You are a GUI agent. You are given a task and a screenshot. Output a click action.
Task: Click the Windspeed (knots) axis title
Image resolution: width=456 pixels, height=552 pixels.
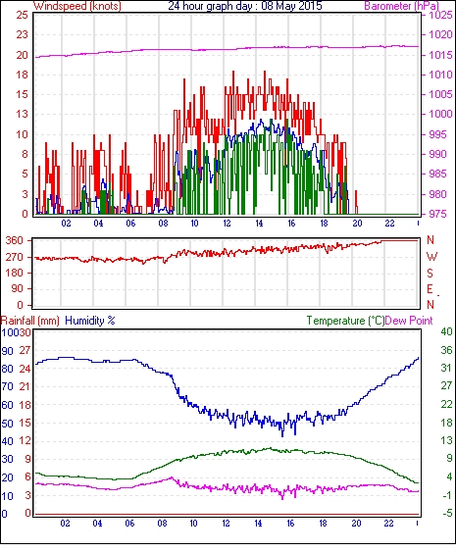(77, 6)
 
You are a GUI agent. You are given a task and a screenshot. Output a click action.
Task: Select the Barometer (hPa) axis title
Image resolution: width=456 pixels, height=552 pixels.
(401, 6)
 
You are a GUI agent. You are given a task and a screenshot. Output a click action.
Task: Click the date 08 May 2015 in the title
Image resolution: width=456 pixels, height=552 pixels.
(291, 6)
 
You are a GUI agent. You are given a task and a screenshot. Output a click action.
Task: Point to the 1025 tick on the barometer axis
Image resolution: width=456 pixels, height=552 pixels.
(440, 15)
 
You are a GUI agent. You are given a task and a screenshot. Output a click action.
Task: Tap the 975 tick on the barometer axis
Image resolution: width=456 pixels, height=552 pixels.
(438, 214)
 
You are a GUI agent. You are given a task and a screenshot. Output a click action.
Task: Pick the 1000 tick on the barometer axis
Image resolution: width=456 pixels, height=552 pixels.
(440, 114)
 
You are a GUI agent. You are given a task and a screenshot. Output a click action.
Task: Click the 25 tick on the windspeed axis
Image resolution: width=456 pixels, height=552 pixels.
(22, 15)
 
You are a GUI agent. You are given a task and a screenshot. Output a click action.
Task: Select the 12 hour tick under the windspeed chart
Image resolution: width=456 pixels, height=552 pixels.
(227, 224)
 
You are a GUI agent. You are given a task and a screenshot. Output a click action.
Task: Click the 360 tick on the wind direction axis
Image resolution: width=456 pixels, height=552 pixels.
(15, 241)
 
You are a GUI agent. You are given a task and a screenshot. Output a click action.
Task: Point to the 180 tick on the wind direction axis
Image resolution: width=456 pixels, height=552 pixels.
(15, 273)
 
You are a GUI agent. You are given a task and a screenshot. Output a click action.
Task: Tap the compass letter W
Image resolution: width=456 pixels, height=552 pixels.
(431, 257)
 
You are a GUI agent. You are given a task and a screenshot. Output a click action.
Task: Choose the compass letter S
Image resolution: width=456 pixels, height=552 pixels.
(430, 274)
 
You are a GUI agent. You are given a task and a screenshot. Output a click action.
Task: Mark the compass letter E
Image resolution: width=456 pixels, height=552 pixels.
(430, 289)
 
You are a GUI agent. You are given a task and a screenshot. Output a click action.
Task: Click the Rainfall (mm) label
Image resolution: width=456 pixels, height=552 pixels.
(30, 321)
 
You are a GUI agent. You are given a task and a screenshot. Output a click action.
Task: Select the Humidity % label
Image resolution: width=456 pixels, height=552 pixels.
(90, 321)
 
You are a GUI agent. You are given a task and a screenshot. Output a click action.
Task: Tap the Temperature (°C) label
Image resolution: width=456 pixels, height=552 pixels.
(345, 321)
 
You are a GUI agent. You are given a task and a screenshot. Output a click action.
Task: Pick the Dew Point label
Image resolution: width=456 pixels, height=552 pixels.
(409, 321)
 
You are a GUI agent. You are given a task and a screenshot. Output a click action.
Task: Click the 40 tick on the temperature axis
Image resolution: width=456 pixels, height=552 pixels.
(446, 331)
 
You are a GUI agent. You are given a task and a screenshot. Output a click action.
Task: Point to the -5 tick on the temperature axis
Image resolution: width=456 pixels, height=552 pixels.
(447, 514)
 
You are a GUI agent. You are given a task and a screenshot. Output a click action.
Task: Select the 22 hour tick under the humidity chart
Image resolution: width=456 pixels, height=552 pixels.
(388, 524)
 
